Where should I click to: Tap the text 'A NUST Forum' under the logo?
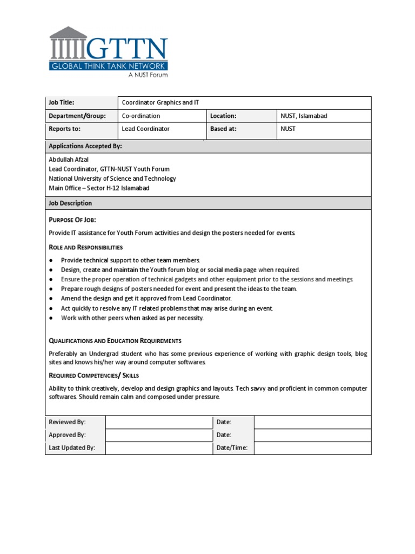point(148,75)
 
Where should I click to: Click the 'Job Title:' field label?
point(61,103)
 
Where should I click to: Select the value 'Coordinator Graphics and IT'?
point(160,103)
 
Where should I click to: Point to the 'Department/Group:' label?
point(77,116)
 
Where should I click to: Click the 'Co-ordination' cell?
point(141,116)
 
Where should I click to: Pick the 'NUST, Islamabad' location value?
point(304,116)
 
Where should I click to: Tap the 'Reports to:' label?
point(64,129)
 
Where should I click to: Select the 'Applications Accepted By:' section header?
point(85,146)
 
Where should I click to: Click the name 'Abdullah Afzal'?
point(69,160)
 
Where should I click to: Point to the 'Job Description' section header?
point(70,203)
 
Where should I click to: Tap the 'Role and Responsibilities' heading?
point(85,247)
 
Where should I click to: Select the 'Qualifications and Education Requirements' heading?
point(115,341)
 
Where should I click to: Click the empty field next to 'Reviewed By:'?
point(158,422)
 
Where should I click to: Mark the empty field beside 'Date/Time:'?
point(312,448)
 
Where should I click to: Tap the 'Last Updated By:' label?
point(72,448)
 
